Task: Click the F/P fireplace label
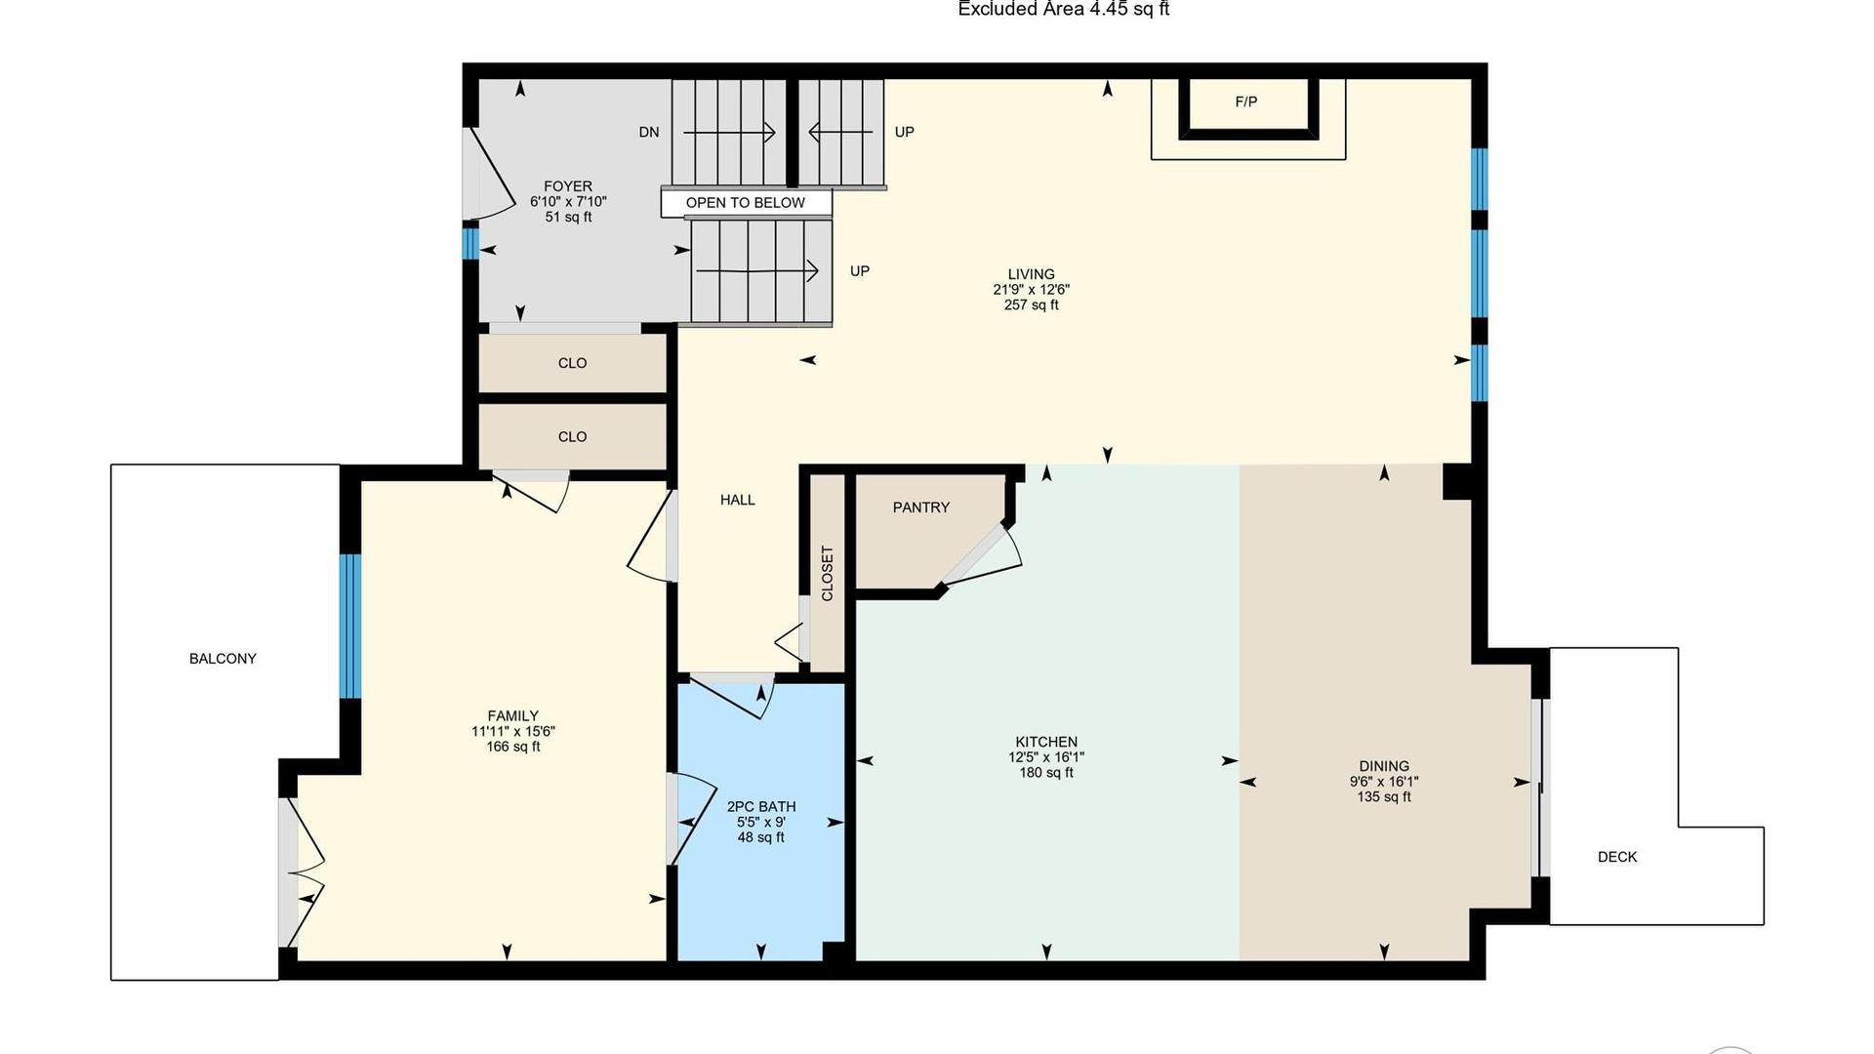click(x=1246, y=101)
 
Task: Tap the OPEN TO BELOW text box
click(x=746, y=203)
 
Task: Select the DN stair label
click(x=649, y=132)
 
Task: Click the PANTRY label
click(x=920, y=507)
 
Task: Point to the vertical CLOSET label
click(x=828, y=573)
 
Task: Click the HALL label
click(x=738, y=500)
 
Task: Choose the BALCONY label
click(x=223, y=659)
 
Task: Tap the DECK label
click(x=1617, y=857)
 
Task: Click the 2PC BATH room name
click(x=761, y=807)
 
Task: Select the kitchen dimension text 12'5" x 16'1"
click(x=1046, y=757)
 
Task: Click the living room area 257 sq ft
click(x=1032, y=305)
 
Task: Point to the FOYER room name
click(x=568, y=186)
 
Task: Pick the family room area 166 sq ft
click(x=513, y=748)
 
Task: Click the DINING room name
click(x=1384, y=766)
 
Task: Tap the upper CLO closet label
click(x=573, y=363)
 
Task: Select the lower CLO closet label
click(x=573, y=437)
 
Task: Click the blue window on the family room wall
click(x=350, y=627)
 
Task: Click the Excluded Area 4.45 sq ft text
click(x=1064, y=10)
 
